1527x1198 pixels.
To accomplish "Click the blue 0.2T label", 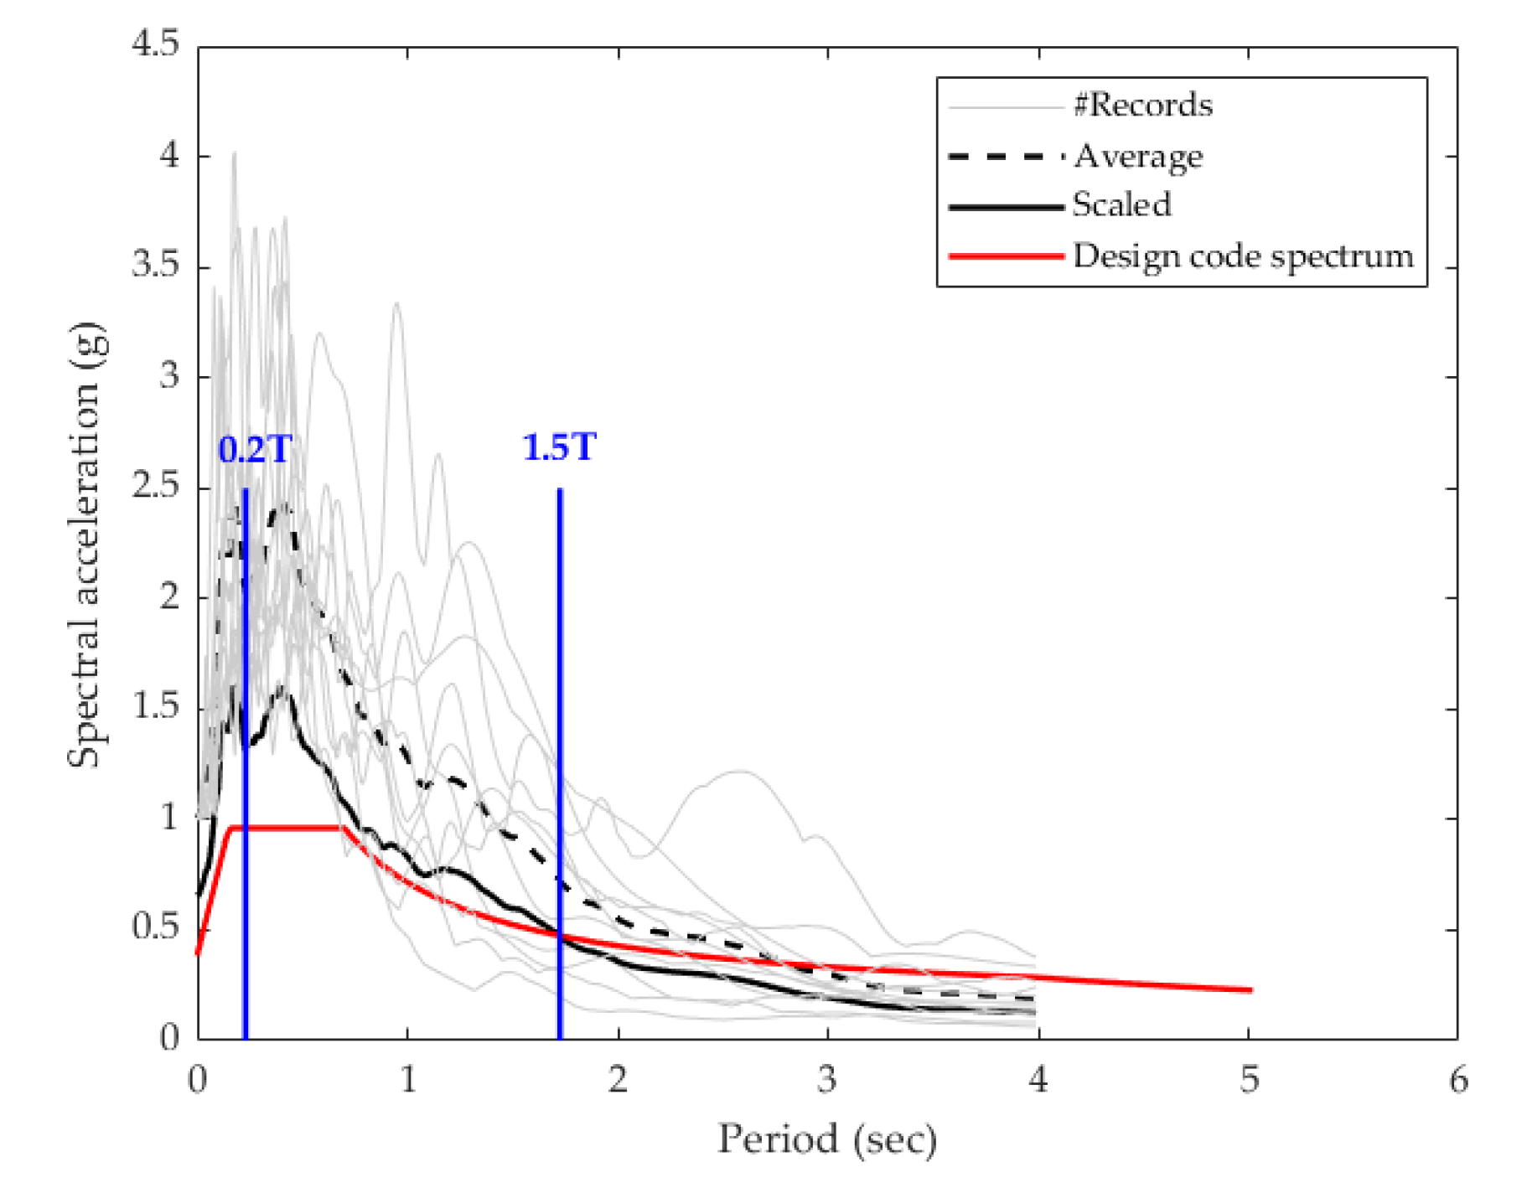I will [255, 450].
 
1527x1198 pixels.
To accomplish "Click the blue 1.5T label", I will [559, 447].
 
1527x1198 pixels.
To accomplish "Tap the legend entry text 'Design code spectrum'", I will [1243, 256].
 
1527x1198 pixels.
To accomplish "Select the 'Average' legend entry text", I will [1138, 156].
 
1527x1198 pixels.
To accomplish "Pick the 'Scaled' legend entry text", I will [1121, 205].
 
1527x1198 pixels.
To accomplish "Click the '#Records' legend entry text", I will [1143, 106].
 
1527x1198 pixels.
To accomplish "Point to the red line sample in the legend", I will [1006, 256].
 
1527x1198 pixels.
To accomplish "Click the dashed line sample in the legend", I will [1006, 157].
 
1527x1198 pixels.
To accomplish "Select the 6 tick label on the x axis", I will [1458, 1080].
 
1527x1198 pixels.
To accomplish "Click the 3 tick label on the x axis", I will [827, 1080].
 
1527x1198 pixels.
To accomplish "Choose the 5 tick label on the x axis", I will [1249, 1080].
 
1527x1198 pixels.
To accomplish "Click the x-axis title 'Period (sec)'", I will [826, 1139].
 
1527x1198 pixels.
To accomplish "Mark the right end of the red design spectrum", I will [1250, 990].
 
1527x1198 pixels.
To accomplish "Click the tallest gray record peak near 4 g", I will [234, 154].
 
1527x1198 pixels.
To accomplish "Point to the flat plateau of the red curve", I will [285, 828].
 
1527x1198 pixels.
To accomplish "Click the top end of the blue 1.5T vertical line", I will [560, 490].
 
